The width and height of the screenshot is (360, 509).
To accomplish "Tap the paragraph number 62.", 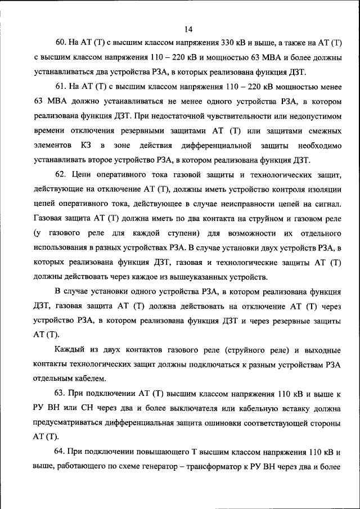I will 61,174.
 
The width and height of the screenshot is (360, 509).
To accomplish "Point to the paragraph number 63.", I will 61,392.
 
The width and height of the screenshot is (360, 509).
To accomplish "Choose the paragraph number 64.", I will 61,451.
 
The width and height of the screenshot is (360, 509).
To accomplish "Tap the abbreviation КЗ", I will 86,145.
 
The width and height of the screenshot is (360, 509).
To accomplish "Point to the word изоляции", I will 324,189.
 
